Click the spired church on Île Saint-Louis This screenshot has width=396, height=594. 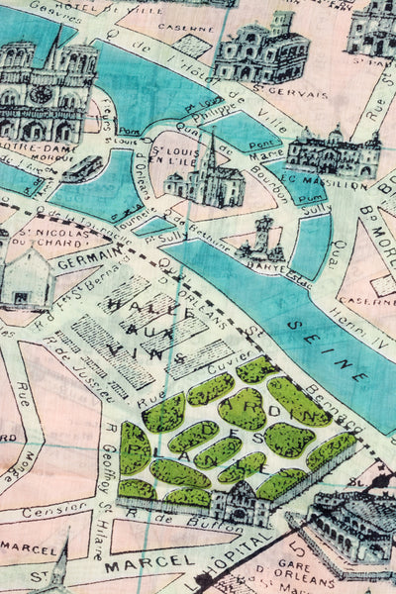point(206,178)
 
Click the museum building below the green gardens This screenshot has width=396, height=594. point(243,505)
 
